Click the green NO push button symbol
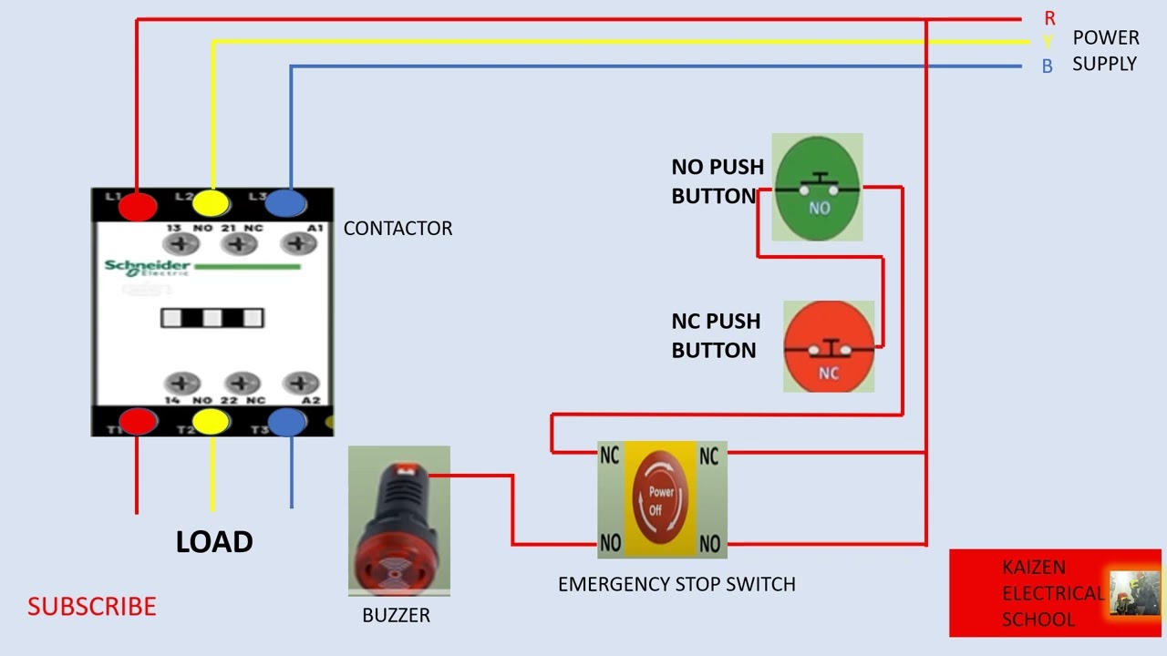(817, 187)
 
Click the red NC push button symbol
(829, 347)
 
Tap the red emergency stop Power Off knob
(661, 498)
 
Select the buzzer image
(399, 521)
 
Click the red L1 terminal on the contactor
(137, 205)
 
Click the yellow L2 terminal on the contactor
(212, 203)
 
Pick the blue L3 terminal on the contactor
(287, 202)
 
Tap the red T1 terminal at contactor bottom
(138, 421)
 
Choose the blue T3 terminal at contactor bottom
(287, 421)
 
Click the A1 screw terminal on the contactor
(298, 243)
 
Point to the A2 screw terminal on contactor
(300, 384)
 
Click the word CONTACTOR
(398, 229)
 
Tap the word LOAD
(214, 542)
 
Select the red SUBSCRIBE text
(91, 607)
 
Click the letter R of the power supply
(1049, 18)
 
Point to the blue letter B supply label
(1047, 67)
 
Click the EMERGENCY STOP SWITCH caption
(676, 584)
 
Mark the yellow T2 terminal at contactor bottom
(211, 421)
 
